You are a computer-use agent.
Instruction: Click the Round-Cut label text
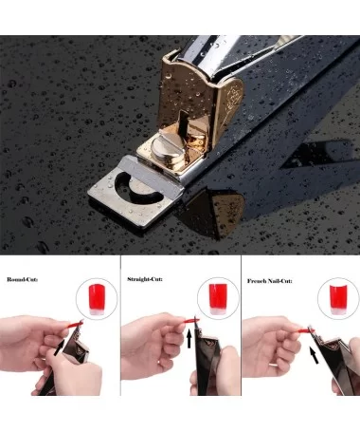click(x=23, y=279)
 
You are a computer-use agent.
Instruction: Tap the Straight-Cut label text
click(x=145, y=279)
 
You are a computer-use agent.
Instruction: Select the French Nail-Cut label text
click(x=270, y=281)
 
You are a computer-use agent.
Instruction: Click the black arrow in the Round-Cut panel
click(x=59, y=347)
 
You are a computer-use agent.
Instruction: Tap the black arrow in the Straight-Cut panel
click(x=189, y=338)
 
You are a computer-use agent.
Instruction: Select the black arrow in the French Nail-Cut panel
click(x=315, y=355)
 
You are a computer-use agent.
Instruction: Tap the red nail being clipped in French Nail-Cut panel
click(x=306, y=330)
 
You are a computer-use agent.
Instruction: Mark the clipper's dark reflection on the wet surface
click(x=218, y=212)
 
